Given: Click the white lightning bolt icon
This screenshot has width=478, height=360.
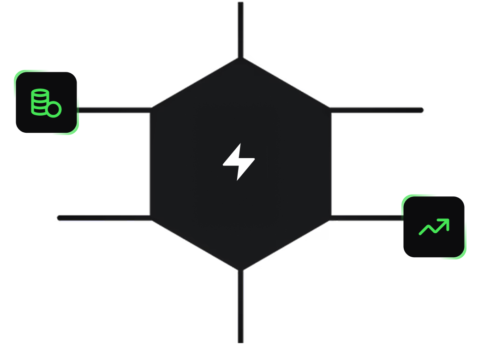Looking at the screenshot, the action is pos(239,162).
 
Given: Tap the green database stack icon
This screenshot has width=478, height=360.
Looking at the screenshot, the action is pos(40,101).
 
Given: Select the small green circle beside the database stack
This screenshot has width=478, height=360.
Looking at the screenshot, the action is pos(54,110).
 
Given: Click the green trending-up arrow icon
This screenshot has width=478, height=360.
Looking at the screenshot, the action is pos(434,227).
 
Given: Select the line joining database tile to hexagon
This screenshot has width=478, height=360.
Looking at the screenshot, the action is pos(114,110).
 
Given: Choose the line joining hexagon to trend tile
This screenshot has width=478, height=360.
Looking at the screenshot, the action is pos(367,218).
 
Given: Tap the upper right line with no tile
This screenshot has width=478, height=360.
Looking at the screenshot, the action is pos(376,110).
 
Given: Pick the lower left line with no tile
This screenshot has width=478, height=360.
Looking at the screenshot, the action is pos(104,218).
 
